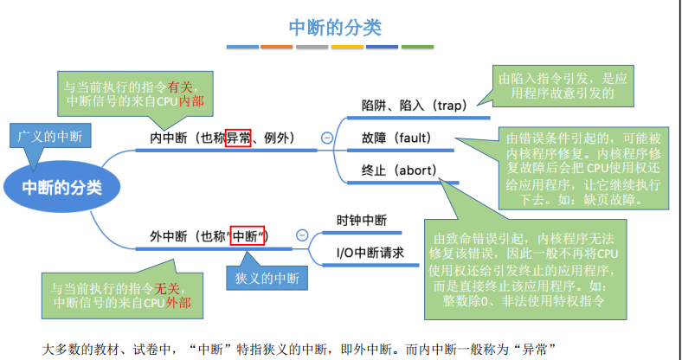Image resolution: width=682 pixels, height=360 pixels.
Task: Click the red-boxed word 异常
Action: click(238, 138)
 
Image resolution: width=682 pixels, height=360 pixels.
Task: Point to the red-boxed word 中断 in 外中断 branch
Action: click(248, 235)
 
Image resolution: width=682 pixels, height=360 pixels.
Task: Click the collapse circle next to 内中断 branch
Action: click(327, 137)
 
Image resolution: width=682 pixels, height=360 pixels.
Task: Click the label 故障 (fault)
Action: click(396, 138)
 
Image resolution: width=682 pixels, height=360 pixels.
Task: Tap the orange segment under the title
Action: click(277, 47)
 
